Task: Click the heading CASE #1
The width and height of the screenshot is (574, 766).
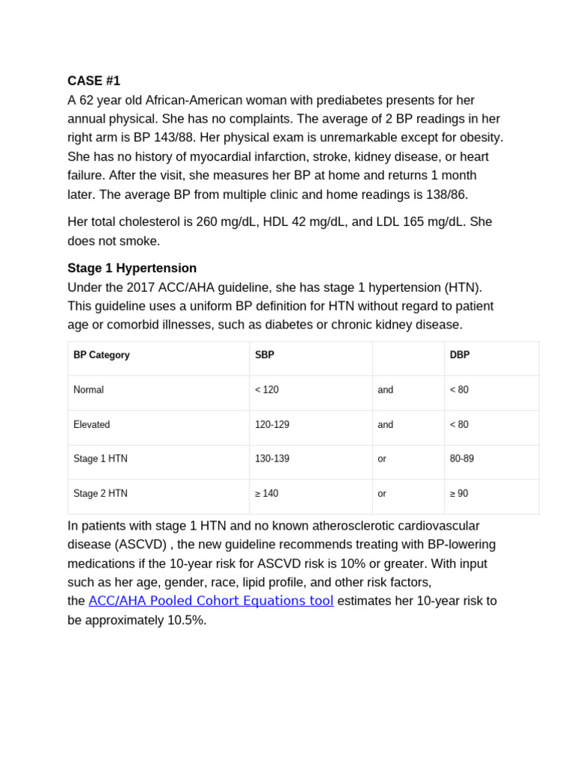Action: tap(93, 81)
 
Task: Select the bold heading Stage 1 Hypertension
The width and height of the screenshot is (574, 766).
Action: tap(132, 268)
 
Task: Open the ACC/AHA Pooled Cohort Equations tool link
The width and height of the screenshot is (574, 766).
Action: tap(211, 601)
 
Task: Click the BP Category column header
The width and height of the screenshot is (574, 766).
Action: tap(101, 355)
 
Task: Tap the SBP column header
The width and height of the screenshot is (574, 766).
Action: tap(264, 355)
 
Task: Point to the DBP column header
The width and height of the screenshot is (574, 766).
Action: tap(460, 355)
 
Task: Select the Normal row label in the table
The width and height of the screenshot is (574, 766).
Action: tap(88, 390)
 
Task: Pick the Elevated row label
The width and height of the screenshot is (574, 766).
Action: tap(91, 424)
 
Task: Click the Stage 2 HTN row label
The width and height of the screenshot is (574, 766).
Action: tap(100, 494)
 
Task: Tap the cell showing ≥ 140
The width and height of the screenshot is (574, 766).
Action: tap(267, 494)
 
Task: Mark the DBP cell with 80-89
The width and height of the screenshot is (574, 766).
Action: tap(461, 459)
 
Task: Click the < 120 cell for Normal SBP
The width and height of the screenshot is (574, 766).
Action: tap(267, 390)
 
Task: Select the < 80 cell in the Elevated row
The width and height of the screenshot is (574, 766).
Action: tap(459, 424)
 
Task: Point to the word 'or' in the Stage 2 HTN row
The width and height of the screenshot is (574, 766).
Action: tap(382, 494)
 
